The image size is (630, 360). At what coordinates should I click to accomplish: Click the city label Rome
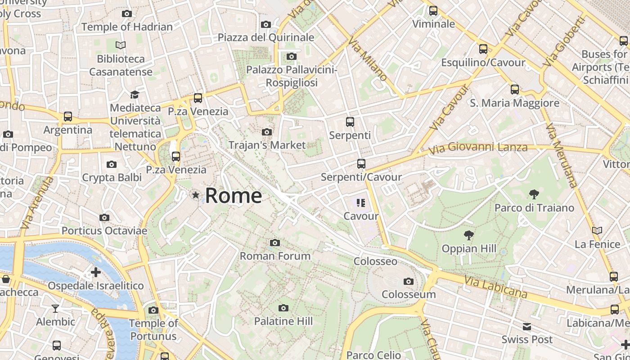click(x=234, y=195)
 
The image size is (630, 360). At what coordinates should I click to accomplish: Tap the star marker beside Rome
click(x=196, y=195)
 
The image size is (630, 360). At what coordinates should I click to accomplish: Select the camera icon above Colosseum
click(x=409, y=282)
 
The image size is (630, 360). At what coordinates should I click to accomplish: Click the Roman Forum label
click(x=275, y=256)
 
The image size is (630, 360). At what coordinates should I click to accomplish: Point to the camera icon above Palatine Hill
click(x=283, y=308)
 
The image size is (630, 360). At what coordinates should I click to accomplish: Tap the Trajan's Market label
click(x=267, y=145)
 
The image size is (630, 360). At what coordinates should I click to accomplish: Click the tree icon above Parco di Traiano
click(x=534, y=194)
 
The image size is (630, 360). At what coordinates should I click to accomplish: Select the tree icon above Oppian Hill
click(x=468, y=235)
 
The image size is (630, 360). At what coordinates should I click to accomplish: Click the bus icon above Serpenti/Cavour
click(x=361, y=164)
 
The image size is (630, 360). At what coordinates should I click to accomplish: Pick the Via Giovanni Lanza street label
click(x=477, y=148)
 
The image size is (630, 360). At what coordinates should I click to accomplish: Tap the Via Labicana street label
click(x=495, y=287)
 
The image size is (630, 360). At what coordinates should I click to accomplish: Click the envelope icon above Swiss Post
click(x=527, y=326)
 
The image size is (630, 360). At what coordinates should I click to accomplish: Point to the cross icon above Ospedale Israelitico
click(x=95, y=272)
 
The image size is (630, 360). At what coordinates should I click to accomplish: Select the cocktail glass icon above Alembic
click(x=55, y=309)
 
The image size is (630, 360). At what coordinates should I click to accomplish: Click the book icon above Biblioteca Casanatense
click(x=120, y=45)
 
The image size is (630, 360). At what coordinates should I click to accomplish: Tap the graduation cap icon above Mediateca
click(x=135, y=94)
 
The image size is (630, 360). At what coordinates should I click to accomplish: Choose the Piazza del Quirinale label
click(x=265, y=37)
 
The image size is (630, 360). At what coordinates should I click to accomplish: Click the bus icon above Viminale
click(x=433, y=11)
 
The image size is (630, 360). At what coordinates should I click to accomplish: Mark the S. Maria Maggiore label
click(x=514, y=103)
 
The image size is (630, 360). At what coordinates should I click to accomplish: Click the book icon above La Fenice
click(x=597, y=231)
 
